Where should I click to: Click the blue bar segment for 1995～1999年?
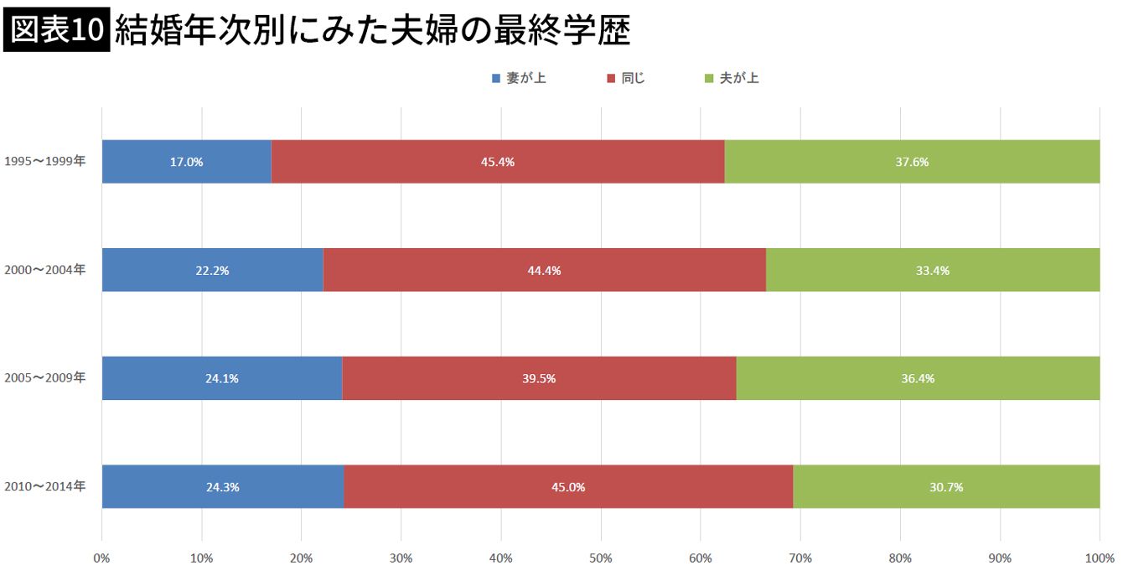click(x=186, y=162)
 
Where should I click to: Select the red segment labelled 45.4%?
click(x=498, y=162)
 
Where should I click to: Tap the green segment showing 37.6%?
click(x=912, y=162)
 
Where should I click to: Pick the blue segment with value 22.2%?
click(x=212, y=270)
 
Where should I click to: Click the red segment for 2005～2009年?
click(x=539, y=378)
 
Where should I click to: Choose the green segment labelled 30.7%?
click(x=946, y=486)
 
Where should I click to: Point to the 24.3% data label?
click(x=222, y=487)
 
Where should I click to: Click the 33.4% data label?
click(x=933, y=271)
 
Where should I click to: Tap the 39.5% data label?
click(x=539, y=379)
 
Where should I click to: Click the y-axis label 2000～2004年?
click(x=44, y=270)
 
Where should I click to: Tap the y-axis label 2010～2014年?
click(x=44, y=486)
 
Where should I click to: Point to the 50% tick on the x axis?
click(x=600, y=558)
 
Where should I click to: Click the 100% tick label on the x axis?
click(x=1099, y=558)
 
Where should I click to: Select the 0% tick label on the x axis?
click(x=101, y=558)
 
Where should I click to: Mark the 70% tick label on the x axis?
click(x=800, y=558)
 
